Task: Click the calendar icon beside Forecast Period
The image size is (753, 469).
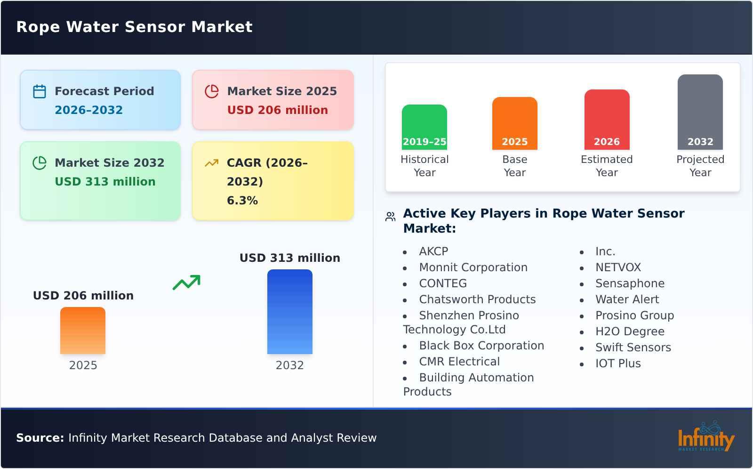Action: (x=40, y=91)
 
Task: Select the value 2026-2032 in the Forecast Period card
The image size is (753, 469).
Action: (x=88, y=110)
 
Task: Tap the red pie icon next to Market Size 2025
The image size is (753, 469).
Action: (x=212, y=91)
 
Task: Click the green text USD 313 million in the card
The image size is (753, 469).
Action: (x=105, y=182)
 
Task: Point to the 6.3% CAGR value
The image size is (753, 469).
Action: (x=242, y=201)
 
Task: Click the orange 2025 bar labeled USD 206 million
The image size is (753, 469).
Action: (x=83, y=331)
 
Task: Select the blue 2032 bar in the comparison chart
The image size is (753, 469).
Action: (x=289, y=312)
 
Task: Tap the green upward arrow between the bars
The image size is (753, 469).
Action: (x=186, y=283)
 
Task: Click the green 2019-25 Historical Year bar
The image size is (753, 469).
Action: (x=424, y=127)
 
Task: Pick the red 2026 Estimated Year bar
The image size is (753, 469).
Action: (x=607, y=120)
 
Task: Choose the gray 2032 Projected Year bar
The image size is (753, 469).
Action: (x=700, y=112)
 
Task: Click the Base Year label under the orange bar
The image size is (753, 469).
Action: (x=514, y=166)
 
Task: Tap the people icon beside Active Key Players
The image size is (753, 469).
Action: (x=390, y=217)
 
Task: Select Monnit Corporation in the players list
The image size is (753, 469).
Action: (x=473, y=267)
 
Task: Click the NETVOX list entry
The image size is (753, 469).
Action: (x=618, y=267)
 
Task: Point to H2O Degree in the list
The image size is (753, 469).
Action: (x=630, y=332)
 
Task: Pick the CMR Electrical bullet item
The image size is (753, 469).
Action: (x=459, y=362)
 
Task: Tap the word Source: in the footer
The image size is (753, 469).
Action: (x=40, y=438)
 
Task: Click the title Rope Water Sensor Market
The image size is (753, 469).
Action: (x=135, y=27)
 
